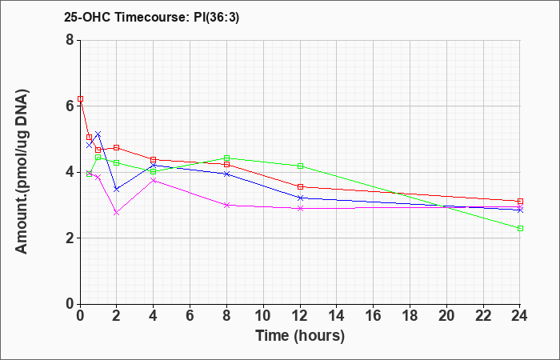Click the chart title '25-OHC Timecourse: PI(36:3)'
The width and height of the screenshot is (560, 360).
coord(151,17)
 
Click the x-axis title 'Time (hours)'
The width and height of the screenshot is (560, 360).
coord(300,336)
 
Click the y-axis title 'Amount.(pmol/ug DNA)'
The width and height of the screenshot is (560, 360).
coord(22,172)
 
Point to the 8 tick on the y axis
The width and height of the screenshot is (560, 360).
coord(70,40)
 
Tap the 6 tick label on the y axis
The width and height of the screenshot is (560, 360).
coord(70,106)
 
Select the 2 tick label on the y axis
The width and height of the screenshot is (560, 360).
coord(70,238)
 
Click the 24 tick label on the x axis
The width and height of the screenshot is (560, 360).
coord(520,316)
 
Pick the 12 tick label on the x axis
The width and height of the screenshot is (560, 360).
coord(300,316)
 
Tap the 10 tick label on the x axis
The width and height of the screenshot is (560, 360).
coord(263,316)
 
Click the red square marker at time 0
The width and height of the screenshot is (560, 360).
coord(80,98)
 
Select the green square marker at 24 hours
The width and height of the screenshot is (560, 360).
coord(520,228)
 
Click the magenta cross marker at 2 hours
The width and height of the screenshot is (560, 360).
coord(117,213)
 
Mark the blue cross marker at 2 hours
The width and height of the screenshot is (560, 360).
coord(117,189)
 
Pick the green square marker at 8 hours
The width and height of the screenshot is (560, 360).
coord(226,158)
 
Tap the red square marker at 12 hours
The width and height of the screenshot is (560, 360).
coord(300,186)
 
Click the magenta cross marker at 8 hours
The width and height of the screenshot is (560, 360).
coord(226,205)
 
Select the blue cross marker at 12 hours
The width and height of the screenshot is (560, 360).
coord(300,198)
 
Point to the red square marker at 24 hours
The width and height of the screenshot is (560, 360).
coord(520,201)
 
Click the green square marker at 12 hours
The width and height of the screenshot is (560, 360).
coord(300,166)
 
